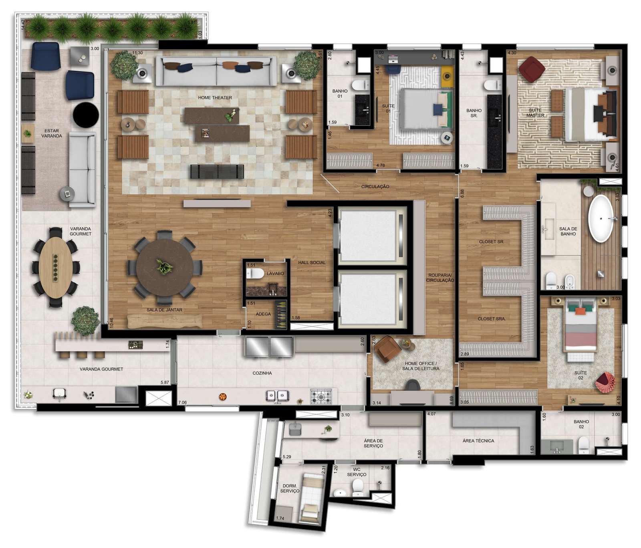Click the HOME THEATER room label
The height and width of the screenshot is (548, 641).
click(215, 98)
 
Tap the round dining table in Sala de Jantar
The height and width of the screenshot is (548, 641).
click(165, 268)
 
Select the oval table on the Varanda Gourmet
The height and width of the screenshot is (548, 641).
click(56, 268)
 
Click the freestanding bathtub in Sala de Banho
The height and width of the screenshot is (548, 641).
click(601, 218)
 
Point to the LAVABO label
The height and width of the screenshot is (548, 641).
click(275, 274)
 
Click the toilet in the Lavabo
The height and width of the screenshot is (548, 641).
click(255, 274)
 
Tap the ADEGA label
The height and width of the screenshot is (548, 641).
click(263, 314)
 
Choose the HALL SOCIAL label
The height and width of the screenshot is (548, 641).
click(312, 263)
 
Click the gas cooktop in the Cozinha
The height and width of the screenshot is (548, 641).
click(321, 396)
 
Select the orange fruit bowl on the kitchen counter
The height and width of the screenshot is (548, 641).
click(223, 397)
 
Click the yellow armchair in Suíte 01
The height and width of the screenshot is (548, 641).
click(447, 76)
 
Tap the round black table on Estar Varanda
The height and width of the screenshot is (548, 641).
click(86, 115)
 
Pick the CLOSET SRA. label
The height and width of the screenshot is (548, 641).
click(492, 319)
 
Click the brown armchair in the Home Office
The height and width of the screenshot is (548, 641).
click(387, 349)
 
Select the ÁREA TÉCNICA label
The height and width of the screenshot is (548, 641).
click(478, 441)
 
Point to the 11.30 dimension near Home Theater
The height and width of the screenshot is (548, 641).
click(137, 53)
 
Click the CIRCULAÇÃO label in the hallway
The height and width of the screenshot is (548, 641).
click(375, 187)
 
